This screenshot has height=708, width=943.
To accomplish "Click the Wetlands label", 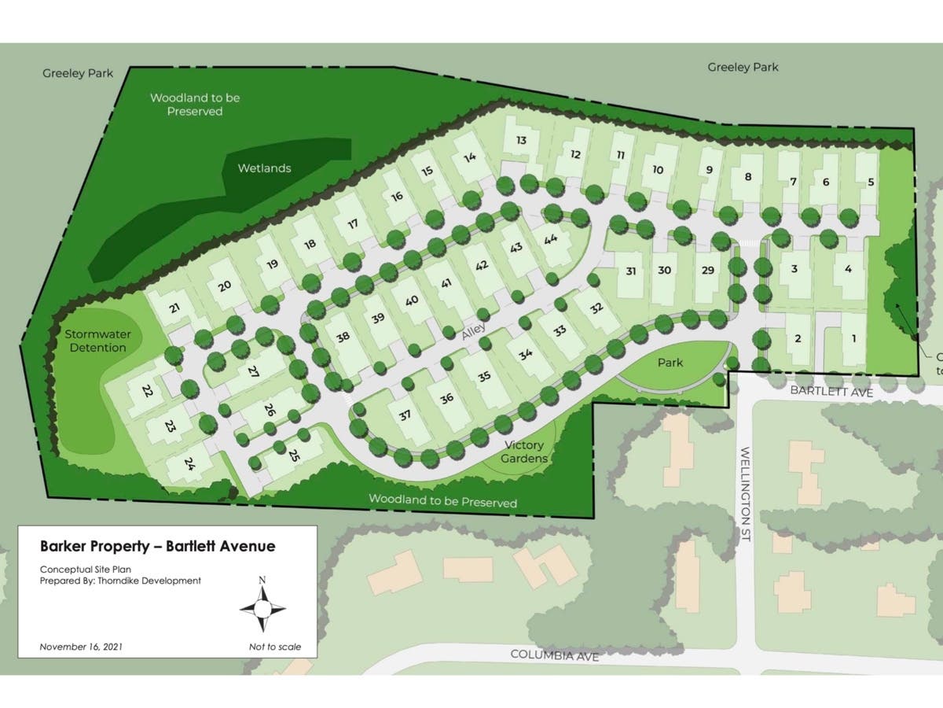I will click(x=265, y=168).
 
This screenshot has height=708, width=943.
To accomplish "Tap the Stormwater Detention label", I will click(x=96, y=341).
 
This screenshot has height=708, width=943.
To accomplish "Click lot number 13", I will click(x=521, y=140).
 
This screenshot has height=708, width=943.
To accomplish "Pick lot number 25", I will click(x=295, y=455).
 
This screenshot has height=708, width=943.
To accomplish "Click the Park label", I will click(x=670, y=363).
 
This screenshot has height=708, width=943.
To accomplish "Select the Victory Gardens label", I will click(x=524, y=452).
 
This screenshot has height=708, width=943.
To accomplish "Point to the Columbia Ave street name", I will click(x=555, y=655).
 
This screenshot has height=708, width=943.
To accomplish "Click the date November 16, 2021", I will click(x=81, y=647).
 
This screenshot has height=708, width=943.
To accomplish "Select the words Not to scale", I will click(x=273, y=647).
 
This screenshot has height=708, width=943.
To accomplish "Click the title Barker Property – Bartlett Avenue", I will click(x=157, y=546).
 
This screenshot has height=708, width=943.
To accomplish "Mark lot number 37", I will click(x=405, y=415).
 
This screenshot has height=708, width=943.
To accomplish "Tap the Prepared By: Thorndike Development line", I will click(x=120, y=581).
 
